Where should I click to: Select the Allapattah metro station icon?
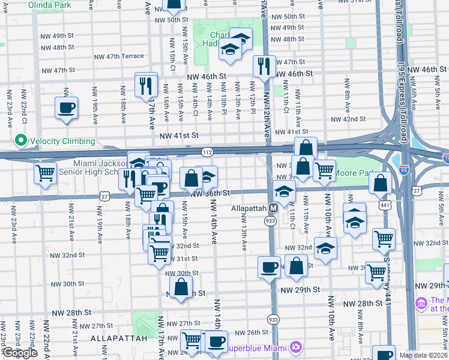tap(273, 208)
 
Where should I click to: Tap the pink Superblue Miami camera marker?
tap(295, 347)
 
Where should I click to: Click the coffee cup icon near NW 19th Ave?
tap(66, 108)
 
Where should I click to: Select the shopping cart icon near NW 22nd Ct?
tap(46, 173)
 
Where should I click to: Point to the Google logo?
tap(19, 353)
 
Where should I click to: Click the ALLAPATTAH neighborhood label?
tap(119, 338)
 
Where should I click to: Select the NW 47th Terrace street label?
tap(119, 56)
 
